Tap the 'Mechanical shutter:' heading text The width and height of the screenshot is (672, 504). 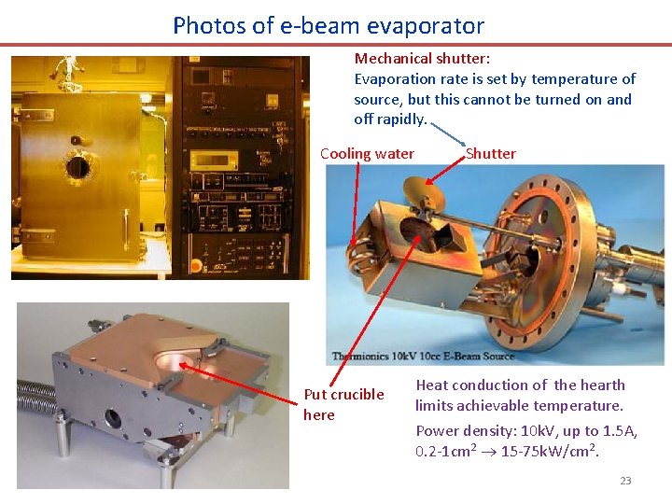point(422,59)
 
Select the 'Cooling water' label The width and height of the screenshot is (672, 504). point(367,154)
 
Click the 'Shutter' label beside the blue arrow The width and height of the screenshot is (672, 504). point(490,154)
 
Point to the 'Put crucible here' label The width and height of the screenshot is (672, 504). point(343,404)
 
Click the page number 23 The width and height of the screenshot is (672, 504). point(625,481)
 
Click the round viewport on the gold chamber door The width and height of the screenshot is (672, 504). point(77,167)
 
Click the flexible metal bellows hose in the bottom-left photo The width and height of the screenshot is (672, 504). point(32,391)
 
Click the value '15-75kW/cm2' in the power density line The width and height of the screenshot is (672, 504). point(551,452)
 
